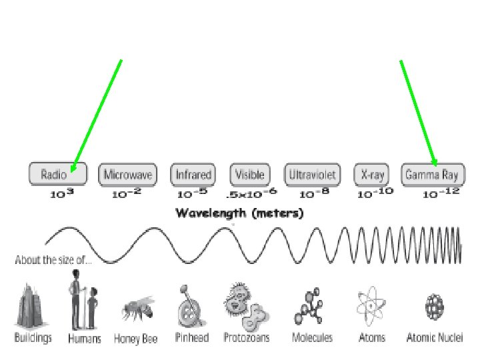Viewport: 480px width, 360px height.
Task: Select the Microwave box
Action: (x=127, y=175)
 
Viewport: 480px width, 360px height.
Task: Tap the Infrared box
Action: (x=193, y=175)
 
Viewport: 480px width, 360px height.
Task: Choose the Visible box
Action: (x=251, y=175)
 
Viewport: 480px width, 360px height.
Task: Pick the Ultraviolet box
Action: (x=312, y=175)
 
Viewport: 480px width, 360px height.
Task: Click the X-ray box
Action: (x=373, y=175)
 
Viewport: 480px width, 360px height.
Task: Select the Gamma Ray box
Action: (x=432, y=175)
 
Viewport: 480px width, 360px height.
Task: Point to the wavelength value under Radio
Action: (x=61, y=194)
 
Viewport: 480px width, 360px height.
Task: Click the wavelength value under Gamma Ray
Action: (x=440, y=194)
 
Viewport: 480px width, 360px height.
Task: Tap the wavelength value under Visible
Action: (x=251, y=194)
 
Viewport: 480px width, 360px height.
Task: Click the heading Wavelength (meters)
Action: (x=239, y=213)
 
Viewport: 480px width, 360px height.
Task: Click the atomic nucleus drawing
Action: (x=435, y=307)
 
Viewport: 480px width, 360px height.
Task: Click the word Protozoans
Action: (x=247, y=338)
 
